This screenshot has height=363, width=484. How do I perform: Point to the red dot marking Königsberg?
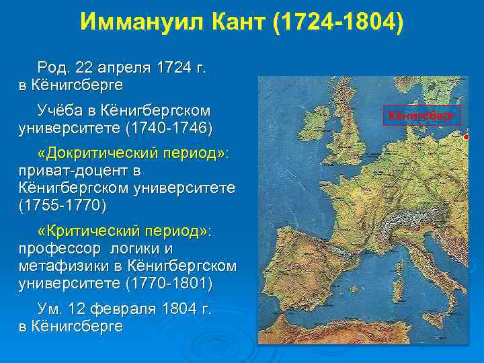click(466, 136)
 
